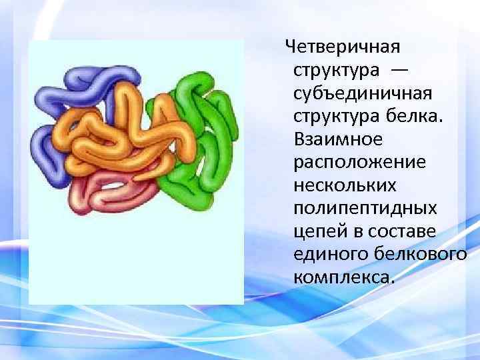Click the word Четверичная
coord(342,47)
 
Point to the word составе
coord(398,233)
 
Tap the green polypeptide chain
coord(200,133)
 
